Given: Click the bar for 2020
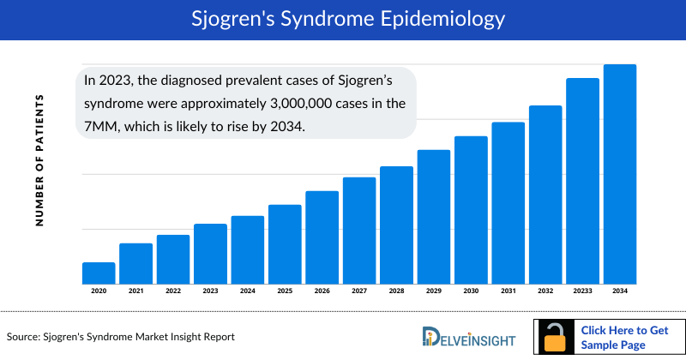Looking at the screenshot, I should tap(99, 273).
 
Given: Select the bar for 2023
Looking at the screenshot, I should tap(210, 254).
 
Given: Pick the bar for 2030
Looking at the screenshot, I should tap(471, 209).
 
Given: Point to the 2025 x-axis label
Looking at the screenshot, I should tap(285, 291).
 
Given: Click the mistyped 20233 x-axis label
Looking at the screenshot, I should tap(582, 291).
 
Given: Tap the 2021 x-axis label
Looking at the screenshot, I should tap(135, 291).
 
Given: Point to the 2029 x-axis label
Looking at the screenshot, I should tap(434, 291).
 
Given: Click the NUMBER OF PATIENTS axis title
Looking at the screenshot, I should tap(39, 161).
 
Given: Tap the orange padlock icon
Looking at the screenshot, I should tap(557, 338).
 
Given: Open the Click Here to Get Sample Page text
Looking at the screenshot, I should tap(623, 337).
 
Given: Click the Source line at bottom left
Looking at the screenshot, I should tap(121, 337).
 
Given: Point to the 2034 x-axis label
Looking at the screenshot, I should tap(620, 291).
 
